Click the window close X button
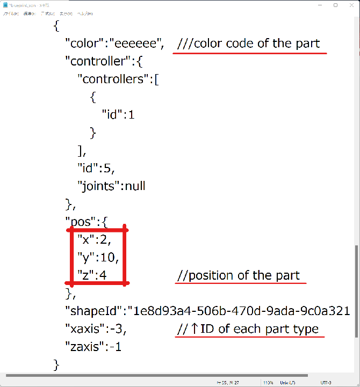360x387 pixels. click(351, 5)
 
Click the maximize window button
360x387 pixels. click(336, 5)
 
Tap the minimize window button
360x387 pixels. click(321, 5)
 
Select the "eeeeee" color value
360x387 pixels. click(136, 43)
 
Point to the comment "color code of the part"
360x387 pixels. click(256, 43)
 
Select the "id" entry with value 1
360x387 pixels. click(114, 114)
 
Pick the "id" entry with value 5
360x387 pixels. click(89, 168)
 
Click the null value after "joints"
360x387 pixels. click(134, 186)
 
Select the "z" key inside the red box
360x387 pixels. click(84, 275)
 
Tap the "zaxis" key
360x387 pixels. click(84, 347)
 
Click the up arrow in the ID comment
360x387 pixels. click(195, 329)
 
